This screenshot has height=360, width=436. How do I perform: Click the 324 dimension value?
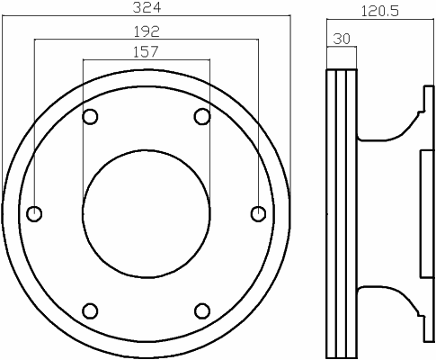(147, 7)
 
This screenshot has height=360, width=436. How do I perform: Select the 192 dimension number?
(147, 31)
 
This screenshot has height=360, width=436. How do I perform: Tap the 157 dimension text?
(146, 51)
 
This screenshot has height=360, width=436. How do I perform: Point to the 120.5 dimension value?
(380, 12)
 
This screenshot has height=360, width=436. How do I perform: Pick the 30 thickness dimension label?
(342, 39)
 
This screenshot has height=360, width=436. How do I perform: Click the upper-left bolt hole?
(90, 117)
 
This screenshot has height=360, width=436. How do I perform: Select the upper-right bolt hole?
(202, 117)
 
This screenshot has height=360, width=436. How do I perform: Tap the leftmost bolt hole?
(34, 214)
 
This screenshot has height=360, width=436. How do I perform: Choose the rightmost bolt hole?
(258, 214)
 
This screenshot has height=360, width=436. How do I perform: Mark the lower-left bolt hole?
(90, 311)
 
